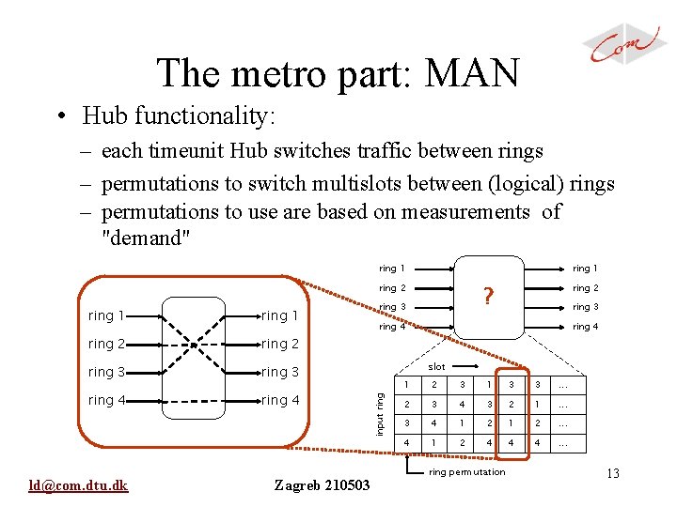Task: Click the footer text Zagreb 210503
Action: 323,484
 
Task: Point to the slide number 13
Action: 613,474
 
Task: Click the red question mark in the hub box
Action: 488,297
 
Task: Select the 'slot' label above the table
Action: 436,367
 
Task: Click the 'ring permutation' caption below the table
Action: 467,472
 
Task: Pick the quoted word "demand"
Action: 146,238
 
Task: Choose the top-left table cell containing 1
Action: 406,384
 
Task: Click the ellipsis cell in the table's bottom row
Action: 562,442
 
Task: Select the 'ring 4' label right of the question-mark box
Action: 585,327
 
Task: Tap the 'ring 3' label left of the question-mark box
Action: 392,307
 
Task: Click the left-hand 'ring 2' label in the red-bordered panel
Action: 106,344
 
